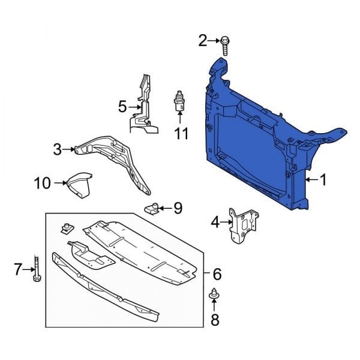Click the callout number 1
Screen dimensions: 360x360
coord(323,180)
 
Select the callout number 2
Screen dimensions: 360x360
coord(203,41)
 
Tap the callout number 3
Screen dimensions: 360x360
coord(58,149)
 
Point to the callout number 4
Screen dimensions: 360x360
coord(215,222)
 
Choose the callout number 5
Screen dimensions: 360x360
coord(122,107)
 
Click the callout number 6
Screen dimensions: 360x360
coord(217,274)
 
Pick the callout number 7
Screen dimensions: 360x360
coord(18,269)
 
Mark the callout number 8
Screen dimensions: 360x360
coord(215,320)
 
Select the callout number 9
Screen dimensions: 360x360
coord(178,208)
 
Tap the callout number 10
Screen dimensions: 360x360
coord(42,183)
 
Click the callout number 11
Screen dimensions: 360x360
coord(181,133)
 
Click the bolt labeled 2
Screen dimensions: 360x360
coord(224,46)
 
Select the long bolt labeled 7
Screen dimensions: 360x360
coord(37,269)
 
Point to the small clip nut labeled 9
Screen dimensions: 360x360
coord(152,209)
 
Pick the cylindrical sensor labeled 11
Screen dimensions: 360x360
coord(179,101)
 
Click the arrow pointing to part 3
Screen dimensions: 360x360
coord(68,149)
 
